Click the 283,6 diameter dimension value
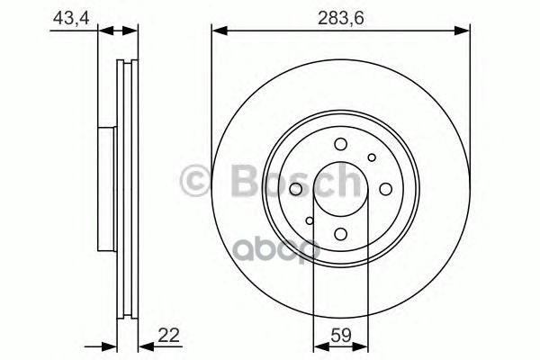[x=340, y=15]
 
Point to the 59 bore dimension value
[x=341, y=335]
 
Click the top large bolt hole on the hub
[x=340, y=145]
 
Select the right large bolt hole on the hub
[x=383, y=189]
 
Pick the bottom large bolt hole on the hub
[x=340, y=233]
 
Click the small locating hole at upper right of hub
[x=372, y=158]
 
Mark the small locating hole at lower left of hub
[x=310, y=220]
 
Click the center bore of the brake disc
[x=340, y=189]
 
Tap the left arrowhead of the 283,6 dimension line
[x=217, y=31]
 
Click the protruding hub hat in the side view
[x=105, y=189]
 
